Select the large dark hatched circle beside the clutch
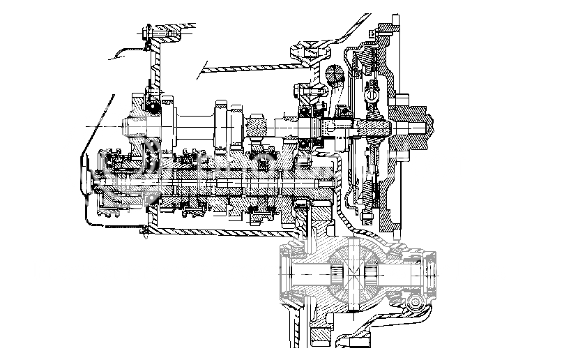335,74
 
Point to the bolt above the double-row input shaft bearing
300,89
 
